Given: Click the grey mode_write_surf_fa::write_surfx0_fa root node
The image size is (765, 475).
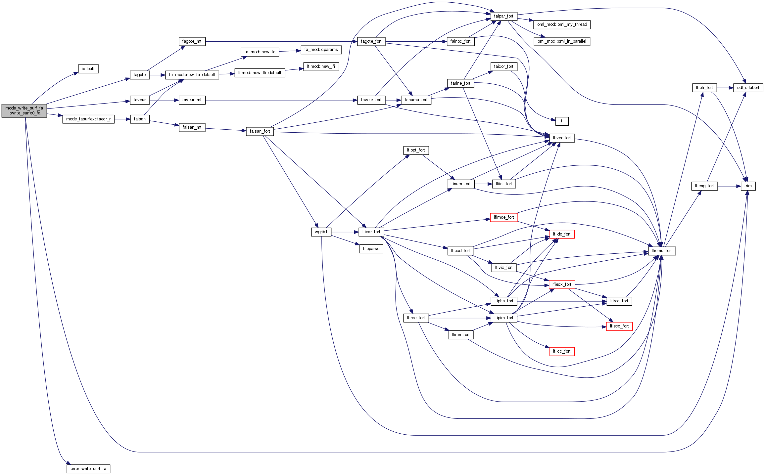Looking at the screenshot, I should coord(24,110).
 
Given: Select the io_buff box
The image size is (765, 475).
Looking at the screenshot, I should coord(88,69).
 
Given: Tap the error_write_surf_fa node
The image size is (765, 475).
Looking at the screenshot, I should coord(88,469).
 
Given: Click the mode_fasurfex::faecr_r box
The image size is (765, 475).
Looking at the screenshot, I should coord(88,119).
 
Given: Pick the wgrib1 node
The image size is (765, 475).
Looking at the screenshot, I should coord(321,232).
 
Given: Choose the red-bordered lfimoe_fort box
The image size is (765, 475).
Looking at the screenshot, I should coord(503,217).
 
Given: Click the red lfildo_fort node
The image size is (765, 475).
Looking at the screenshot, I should coord(562,234).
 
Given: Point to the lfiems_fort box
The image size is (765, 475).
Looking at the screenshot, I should coord(662,251).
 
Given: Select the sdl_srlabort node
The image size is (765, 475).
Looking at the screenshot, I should coord(748,88).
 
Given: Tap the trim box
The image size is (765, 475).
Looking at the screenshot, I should coord(748,186).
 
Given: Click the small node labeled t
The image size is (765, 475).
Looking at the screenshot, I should coord(562,121).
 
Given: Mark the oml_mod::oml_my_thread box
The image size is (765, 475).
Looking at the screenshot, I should coord(562,24).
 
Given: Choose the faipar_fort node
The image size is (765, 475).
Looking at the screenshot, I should coord(503,16).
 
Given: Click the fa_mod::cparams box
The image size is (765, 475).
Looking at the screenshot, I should coord(321,50).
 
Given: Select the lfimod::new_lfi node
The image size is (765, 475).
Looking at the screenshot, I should coord(321,66).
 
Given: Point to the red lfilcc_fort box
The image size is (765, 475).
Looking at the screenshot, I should coord(562,351).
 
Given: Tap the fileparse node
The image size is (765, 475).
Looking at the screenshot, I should coord(371,249).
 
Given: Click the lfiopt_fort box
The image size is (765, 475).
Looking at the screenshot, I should coord(416,150).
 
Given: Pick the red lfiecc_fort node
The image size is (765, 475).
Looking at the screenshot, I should coord(619,326).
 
